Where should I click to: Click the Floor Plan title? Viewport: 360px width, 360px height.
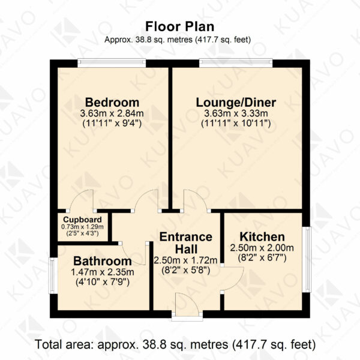180,26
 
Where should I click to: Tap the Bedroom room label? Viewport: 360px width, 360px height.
112,103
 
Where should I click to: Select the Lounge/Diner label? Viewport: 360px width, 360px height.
236,103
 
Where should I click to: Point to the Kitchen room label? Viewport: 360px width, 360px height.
262,237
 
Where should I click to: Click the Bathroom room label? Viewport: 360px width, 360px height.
103,261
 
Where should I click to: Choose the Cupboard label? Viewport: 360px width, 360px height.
82,220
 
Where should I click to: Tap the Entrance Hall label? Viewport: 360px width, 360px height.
186,243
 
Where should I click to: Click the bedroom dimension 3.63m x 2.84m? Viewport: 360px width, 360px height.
112,113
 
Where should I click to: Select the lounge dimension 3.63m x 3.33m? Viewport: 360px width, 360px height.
236,113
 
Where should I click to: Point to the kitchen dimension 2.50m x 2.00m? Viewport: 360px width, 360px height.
262,248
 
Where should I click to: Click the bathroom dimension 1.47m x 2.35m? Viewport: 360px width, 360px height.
103,272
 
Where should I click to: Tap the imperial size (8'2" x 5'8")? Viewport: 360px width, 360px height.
186,270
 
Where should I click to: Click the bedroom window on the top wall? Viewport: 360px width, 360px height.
112,63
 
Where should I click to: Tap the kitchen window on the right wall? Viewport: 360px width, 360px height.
307,259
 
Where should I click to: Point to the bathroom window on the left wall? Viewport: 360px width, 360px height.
53,275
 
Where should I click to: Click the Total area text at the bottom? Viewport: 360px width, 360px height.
175,344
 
